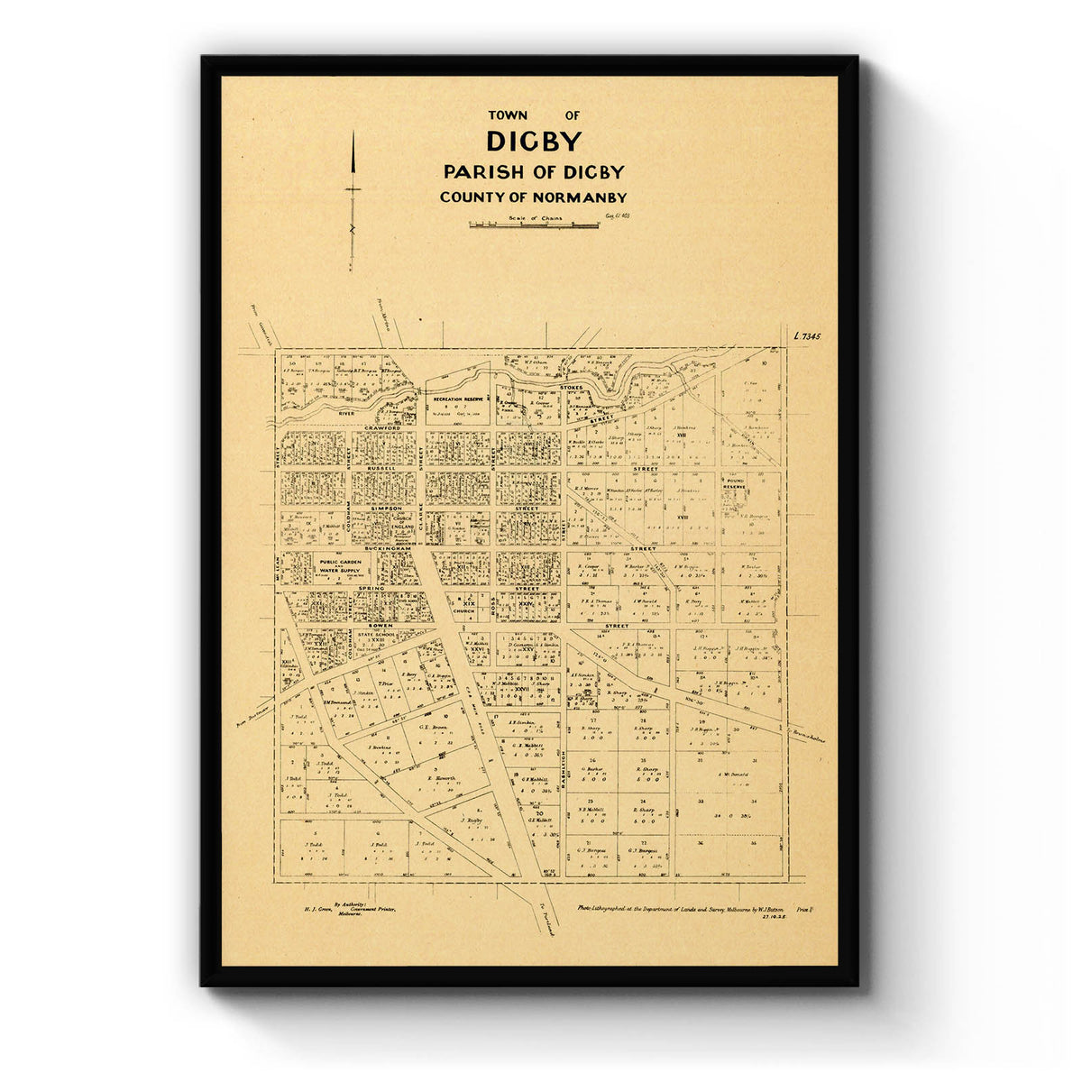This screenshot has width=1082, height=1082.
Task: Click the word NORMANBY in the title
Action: point(577,197)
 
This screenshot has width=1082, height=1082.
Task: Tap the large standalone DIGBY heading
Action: point(534,142)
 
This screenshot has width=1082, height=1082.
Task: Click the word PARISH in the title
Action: point(481,171)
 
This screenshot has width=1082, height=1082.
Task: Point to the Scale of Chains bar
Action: point(533,225)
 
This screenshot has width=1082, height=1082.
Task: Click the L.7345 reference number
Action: point(809,336)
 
